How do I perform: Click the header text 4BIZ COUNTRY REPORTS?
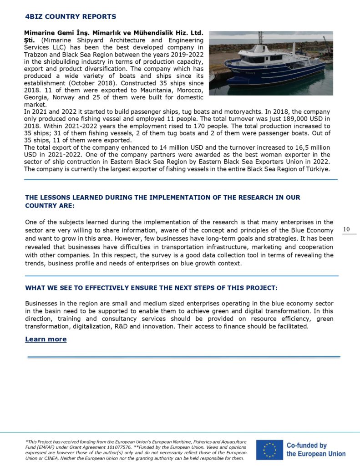[x=71, y=17]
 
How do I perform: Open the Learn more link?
[x=46, y=339]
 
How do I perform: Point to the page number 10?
[x=346, y=229]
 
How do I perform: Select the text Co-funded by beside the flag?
[x=307, y=446]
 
